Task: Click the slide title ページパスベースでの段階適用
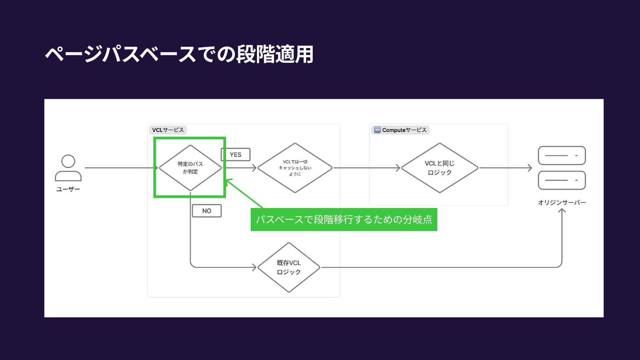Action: coord(179,54)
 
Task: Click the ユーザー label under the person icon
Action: coord(68,189)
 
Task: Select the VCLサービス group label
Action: coord(168,130)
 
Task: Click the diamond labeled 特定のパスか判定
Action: coord(190,168)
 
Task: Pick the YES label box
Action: coord(235,155)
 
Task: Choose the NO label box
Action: coord(207,211)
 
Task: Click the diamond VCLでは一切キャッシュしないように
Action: coord(295,168)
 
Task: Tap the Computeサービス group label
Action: coord(404,130)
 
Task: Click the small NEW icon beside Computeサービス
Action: coord(377,130)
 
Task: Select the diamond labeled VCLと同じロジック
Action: coord(440,168)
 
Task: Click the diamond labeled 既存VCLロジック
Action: coord(289,267)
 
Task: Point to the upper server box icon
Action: coord(562,155)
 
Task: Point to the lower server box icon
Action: coord(562,180)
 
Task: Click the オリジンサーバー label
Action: coord(562,202)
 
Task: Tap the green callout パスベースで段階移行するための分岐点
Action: coord(344,219)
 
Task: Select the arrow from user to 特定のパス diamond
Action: coord(120,168)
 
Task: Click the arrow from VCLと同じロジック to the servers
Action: coord(505,168)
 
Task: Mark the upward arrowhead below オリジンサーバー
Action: coord(562,211)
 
